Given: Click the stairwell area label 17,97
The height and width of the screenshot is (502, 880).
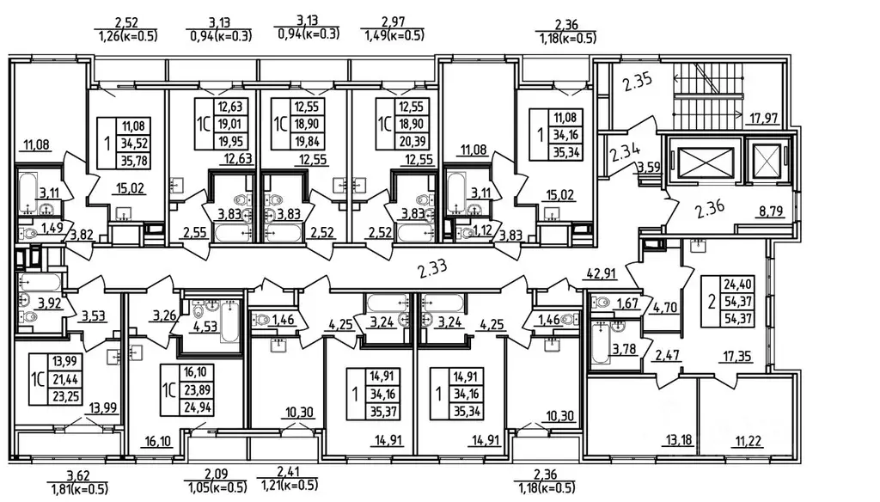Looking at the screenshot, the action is (x=764, y=119).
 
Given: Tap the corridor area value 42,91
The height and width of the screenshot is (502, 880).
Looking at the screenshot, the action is (x=602, y=274).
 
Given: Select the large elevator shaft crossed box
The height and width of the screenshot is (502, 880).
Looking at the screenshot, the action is (x=706, y=161).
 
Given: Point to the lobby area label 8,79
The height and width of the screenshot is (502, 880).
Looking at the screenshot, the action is (x=771, y=211).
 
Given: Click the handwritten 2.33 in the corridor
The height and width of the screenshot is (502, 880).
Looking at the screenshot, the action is (x=433, y=269).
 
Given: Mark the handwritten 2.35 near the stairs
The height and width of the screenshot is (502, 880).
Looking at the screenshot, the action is (x=637, y=83).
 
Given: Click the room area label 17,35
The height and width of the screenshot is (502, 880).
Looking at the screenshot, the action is (x=736, y=356).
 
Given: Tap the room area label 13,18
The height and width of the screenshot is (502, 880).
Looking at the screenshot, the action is (x=679, y=439).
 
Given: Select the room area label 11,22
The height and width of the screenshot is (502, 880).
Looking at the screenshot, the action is (x=749, y=441).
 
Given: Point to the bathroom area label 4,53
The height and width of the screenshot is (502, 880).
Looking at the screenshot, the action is (x=205, y=327).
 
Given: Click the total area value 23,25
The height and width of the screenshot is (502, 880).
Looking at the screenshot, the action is (x=65, y=396).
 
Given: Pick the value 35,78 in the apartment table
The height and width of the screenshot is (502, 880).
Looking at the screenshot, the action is (x=133, y=161).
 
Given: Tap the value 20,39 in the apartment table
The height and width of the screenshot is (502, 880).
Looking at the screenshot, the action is (x=412, y=142).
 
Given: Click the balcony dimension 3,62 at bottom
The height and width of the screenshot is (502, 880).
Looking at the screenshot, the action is (x=78, y=477).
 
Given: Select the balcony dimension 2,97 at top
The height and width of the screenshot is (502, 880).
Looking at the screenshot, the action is (x=393, y=22).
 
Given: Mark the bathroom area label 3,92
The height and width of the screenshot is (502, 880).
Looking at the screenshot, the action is (x=49, y=303).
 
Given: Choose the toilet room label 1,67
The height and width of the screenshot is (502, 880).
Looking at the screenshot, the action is (x=627, y=303).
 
